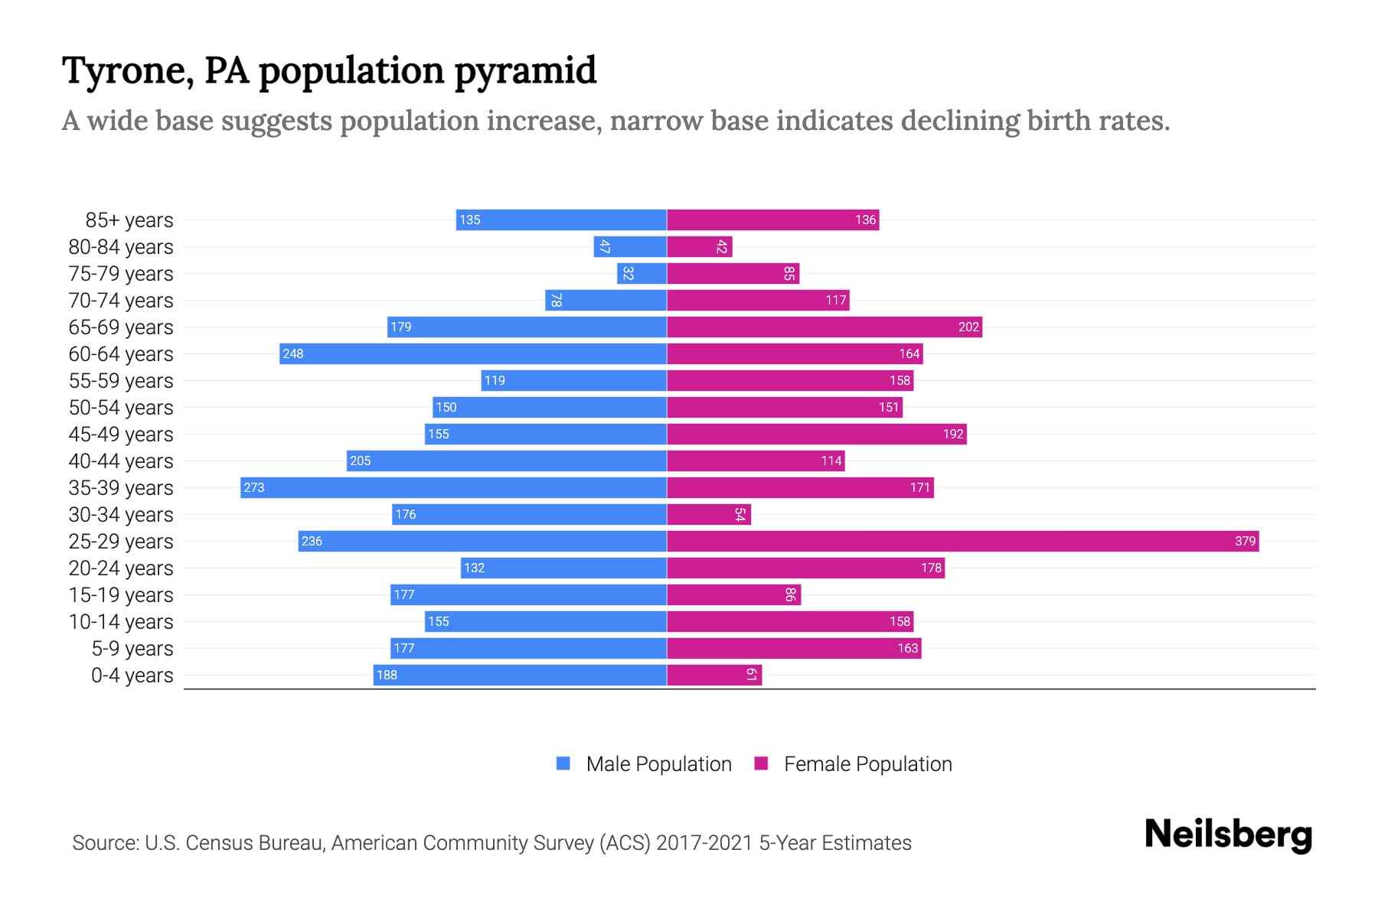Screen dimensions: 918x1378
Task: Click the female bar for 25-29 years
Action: (962, 541)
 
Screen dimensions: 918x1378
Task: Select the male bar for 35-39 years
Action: (453, 487)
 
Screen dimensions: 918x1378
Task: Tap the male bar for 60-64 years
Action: (473, 353)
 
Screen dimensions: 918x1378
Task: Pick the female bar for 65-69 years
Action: (825, 327)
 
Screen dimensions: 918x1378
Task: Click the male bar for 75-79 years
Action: (642, 273)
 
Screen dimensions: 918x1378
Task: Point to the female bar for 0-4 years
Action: (714, 675)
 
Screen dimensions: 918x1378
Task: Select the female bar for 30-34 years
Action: (709, 514)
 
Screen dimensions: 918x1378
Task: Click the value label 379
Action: (1245, 541)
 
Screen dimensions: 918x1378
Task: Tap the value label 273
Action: (254, 487)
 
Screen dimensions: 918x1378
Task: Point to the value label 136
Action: (865, 220)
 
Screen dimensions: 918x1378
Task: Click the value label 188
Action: (387, 675)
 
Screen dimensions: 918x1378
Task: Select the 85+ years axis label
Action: (129, 220)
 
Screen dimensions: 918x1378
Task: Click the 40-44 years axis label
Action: (121, 461)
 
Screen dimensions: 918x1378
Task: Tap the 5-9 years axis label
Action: (132, 649)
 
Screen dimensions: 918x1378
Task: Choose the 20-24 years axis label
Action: (121, 568)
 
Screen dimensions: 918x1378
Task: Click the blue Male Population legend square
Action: (563, 763)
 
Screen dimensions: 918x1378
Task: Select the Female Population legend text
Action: (867, 763)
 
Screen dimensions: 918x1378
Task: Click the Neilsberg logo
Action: (1228, 834)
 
